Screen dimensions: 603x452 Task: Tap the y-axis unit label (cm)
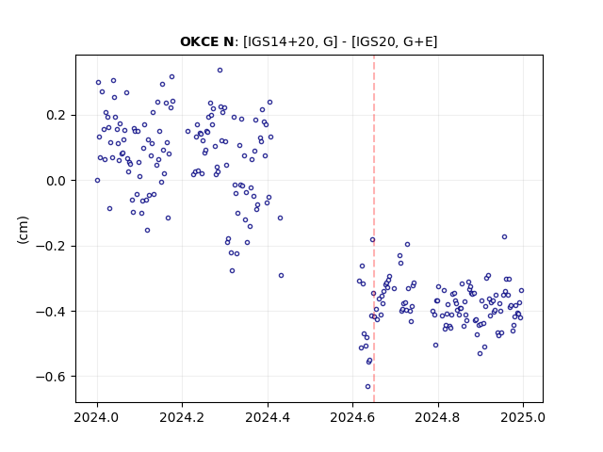[x=23, y=230]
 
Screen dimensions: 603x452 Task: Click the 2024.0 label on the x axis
[x=97, y=417]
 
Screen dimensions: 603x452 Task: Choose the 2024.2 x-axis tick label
[x=182, y=417]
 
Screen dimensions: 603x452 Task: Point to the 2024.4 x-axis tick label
[x=268, y=417]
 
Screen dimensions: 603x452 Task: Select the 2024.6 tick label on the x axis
[x=352, y=417]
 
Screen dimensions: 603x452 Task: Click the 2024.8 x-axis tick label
[x=437, y=417]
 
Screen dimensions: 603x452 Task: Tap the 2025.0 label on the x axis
[x=523, y=417]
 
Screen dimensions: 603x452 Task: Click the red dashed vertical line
[x=374, y=229]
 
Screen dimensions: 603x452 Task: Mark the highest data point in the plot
[x=220, y=71]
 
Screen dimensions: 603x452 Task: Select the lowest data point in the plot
[x=368, y=387]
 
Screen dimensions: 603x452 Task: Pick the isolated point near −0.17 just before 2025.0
[x=505, y=236]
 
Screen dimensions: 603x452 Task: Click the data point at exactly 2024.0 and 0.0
[x=97, y=180]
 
